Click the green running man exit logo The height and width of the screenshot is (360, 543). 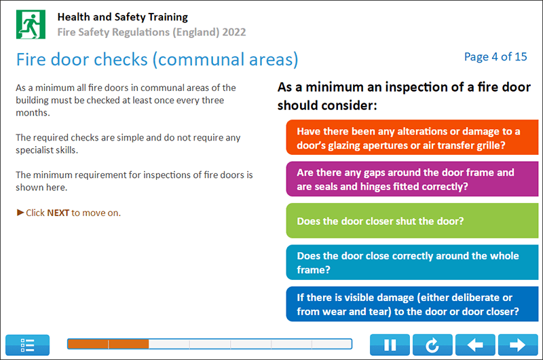pos(30,24)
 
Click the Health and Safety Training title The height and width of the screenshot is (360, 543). pos(123,17)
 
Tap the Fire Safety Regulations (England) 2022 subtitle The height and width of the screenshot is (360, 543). pos(151,32)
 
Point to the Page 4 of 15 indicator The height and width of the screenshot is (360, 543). pos(495,57)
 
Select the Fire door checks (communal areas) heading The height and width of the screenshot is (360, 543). pos(157,59)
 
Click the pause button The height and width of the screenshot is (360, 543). pos(390,345)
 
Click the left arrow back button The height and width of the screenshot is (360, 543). pos(475,345)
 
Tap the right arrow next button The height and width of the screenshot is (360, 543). pos(517,345)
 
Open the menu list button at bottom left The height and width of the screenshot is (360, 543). pos(28,345)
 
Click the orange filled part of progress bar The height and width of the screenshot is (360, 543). pos(108,344)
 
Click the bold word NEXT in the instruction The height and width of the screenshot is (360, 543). pos(58,213)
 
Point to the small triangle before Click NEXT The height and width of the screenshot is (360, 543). pos(20,213)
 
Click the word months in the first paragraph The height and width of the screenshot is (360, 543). pos(33,113)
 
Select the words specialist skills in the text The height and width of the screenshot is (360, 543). pos(46,150)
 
